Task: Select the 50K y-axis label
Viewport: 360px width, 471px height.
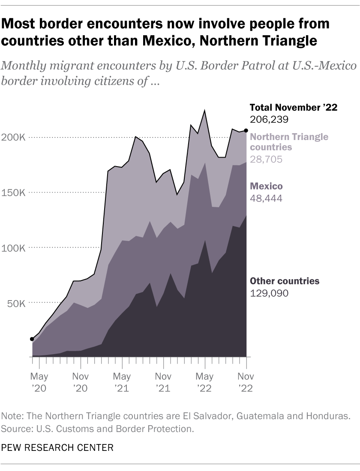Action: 16,304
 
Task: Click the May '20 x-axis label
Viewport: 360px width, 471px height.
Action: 39,382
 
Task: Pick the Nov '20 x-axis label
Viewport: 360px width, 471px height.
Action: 81,382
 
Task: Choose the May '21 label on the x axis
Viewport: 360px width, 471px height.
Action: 122,382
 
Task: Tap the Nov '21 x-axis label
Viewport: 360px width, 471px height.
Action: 163,382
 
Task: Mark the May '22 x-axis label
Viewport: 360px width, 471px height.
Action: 205,382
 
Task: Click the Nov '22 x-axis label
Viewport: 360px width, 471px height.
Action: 246,382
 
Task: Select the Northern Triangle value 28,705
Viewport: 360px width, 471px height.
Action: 266,159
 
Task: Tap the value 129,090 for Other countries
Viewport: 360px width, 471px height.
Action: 269,293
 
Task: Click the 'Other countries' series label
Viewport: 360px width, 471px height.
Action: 285,281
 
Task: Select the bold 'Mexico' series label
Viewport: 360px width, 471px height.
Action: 266,187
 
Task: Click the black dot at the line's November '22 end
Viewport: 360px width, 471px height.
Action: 246,130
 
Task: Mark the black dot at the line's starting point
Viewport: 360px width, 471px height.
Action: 32,339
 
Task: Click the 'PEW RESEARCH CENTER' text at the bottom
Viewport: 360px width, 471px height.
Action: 58,448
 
